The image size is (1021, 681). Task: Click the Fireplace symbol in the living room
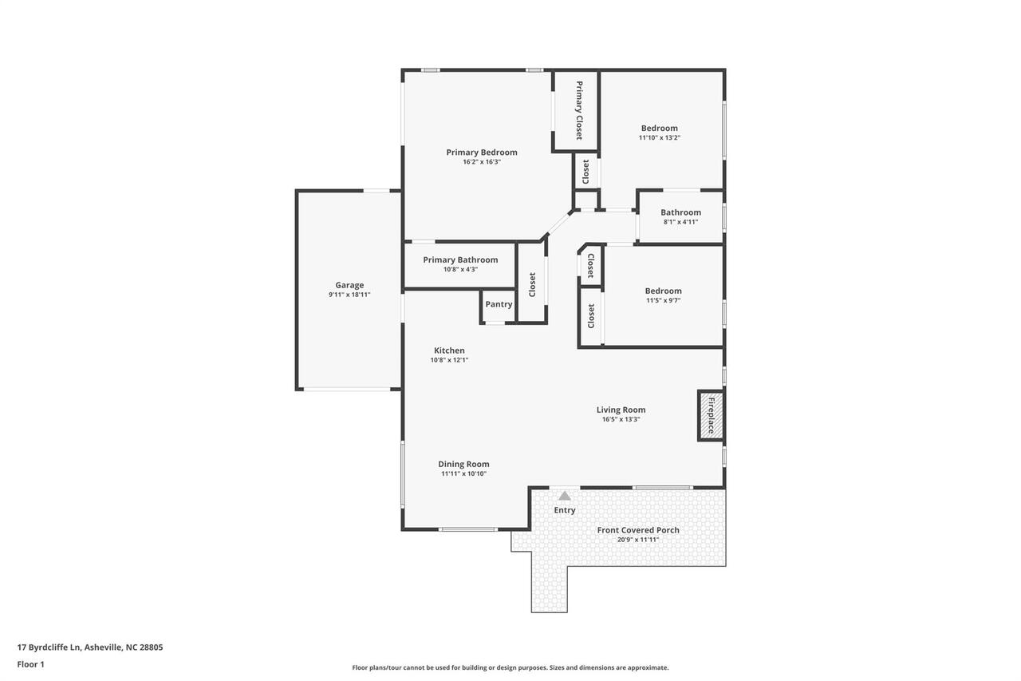(711, 415)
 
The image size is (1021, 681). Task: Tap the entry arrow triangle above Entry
(565, 496)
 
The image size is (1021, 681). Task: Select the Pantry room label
(499, 304)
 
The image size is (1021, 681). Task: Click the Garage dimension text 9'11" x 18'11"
(349, 295)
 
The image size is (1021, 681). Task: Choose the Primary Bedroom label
(482, 152)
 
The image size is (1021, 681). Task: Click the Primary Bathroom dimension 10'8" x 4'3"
(460, 269)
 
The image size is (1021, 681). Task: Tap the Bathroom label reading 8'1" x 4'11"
(680, 222)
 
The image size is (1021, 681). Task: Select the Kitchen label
(449, 350)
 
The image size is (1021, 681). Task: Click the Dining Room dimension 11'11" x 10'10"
(463, 473)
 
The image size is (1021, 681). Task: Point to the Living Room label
(621, 410)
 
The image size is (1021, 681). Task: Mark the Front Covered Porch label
(638, 530)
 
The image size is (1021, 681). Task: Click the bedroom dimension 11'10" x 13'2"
(659, 137)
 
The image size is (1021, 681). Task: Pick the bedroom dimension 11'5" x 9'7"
(663, 300)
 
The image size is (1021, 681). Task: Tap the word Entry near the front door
(565, 510)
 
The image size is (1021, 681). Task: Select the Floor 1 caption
(30, 663)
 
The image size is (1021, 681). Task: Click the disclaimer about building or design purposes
(510, 667)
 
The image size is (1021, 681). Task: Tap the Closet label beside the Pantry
(532, 284)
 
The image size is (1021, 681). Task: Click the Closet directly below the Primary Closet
(586, 170)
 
